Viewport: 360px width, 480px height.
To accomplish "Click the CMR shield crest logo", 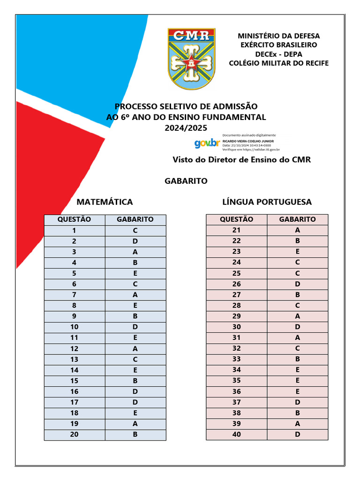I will pos(192,59).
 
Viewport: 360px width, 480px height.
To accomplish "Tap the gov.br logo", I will pos(207,143).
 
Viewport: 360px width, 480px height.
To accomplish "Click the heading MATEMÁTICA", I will pos(105,202).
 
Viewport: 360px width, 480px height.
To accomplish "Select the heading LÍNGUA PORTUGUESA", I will pos(267,202).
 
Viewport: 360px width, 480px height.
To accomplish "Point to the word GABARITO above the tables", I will pos(186,181).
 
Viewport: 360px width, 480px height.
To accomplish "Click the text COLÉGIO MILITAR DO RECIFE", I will pos(278,63).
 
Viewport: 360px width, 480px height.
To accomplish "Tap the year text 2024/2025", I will pos(186,127).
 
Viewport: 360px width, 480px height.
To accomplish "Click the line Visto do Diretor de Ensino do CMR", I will pos(242,160).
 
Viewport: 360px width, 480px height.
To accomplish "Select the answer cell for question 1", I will pos(135,230).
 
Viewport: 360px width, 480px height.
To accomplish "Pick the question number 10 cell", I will pos(75,327).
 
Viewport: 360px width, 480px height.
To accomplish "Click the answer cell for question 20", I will pos(135,435).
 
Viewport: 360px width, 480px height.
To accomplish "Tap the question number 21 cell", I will pos(237,230).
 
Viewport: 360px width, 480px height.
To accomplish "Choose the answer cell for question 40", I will pos(298,435).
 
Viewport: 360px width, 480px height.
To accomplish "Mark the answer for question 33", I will pos(298,359).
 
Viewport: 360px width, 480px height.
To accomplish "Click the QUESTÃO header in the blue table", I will pos(75,219).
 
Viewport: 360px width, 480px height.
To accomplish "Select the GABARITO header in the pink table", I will pos(298,219).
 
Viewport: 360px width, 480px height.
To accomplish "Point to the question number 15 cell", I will pos(75,381).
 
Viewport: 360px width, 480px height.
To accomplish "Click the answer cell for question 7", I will pos(135,294).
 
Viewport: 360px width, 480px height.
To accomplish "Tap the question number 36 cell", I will pos(237,391).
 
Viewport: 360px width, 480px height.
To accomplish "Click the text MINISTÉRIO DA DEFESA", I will pos(278,36).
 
